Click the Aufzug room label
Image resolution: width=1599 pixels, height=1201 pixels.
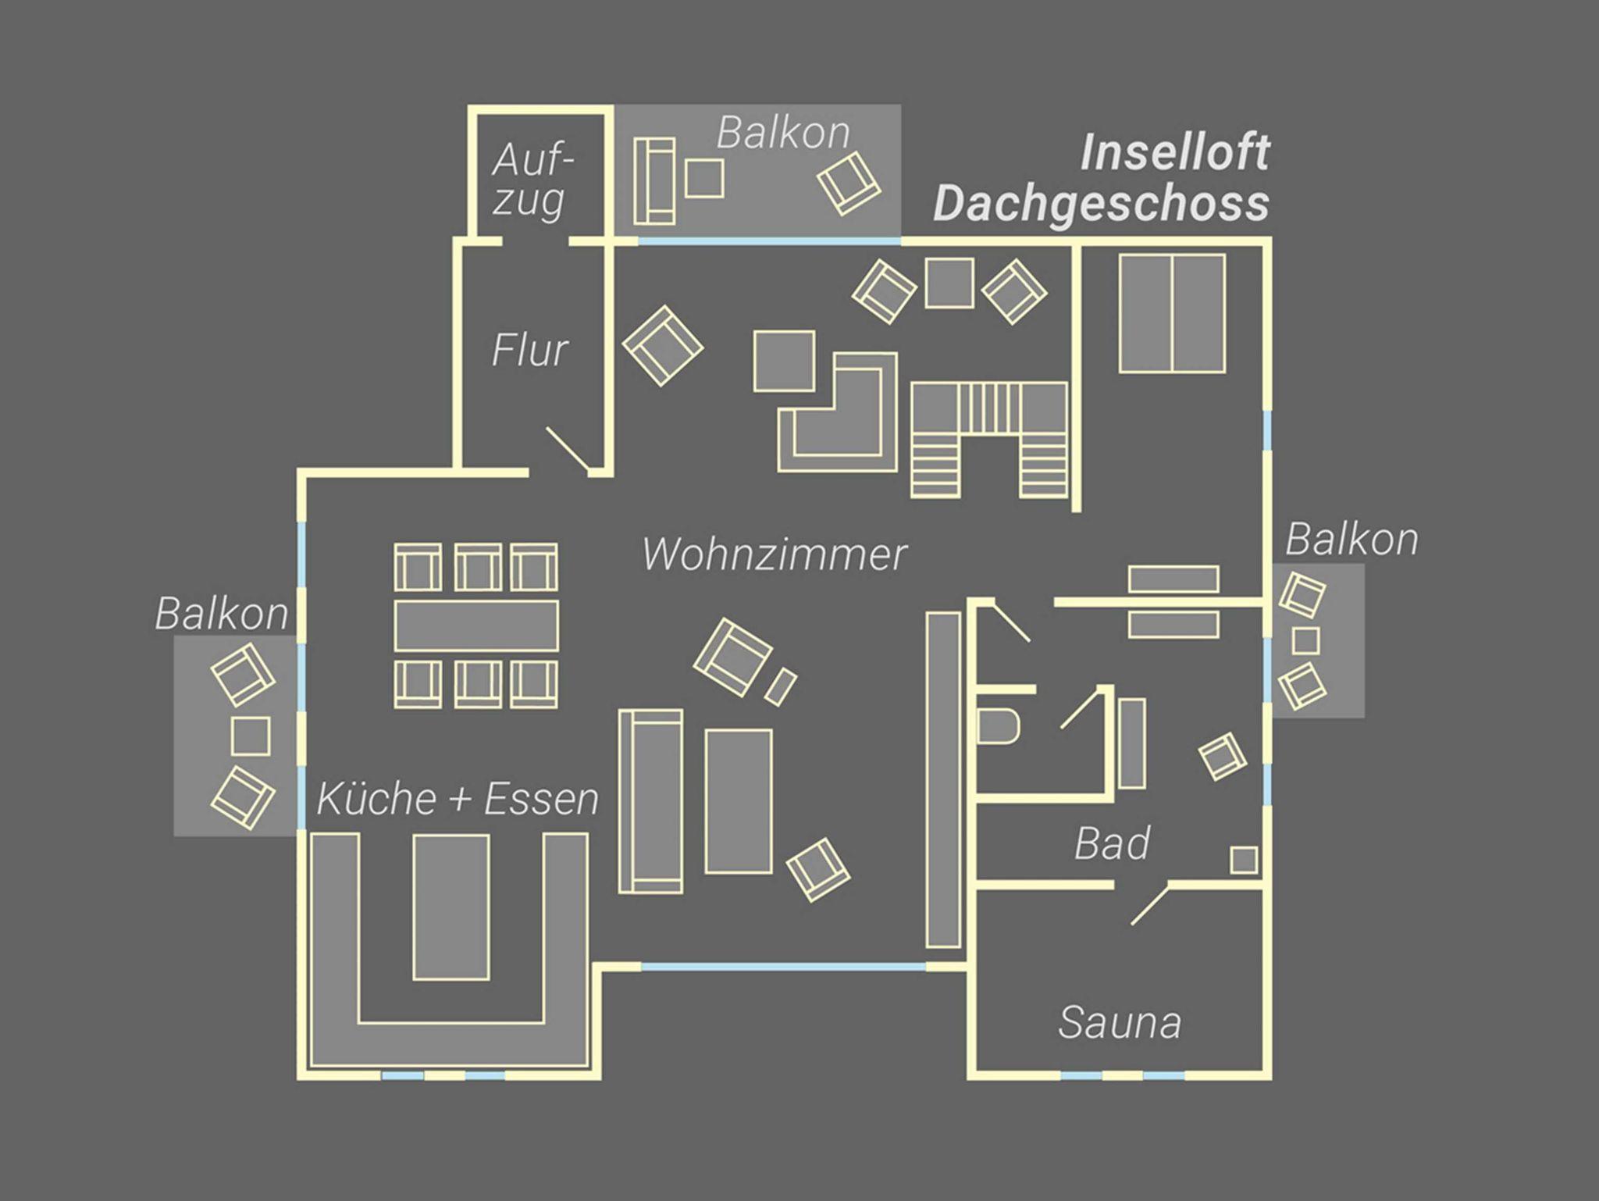coord(530,180)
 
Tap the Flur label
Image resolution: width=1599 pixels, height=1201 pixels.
coord(530,350)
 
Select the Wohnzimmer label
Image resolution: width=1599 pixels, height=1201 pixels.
coord(775,554)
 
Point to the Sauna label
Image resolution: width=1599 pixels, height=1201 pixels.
coord(1120,1022)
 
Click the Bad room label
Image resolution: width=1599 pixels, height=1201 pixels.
coord(1112,843)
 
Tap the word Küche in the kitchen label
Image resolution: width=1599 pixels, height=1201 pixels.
coord(377,799)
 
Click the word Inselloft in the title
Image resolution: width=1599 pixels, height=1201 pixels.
coord(1174,152)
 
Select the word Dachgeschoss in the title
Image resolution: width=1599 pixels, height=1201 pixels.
coord(1101,204)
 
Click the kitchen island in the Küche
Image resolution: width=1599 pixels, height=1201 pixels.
coord(451,907)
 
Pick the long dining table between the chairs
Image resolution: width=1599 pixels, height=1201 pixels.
coord(476,625)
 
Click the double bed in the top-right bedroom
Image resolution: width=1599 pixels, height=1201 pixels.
coord(1172,313)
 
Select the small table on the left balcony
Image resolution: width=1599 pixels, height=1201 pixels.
coord(251,736)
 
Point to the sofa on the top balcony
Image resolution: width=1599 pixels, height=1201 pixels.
coord(654,181)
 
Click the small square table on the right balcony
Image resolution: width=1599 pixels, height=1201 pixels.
coord(1305,641)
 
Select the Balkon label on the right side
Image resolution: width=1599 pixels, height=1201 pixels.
coord(1351,540)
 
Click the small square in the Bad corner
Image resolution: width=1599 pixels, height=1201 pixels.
coord(1244,861)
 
